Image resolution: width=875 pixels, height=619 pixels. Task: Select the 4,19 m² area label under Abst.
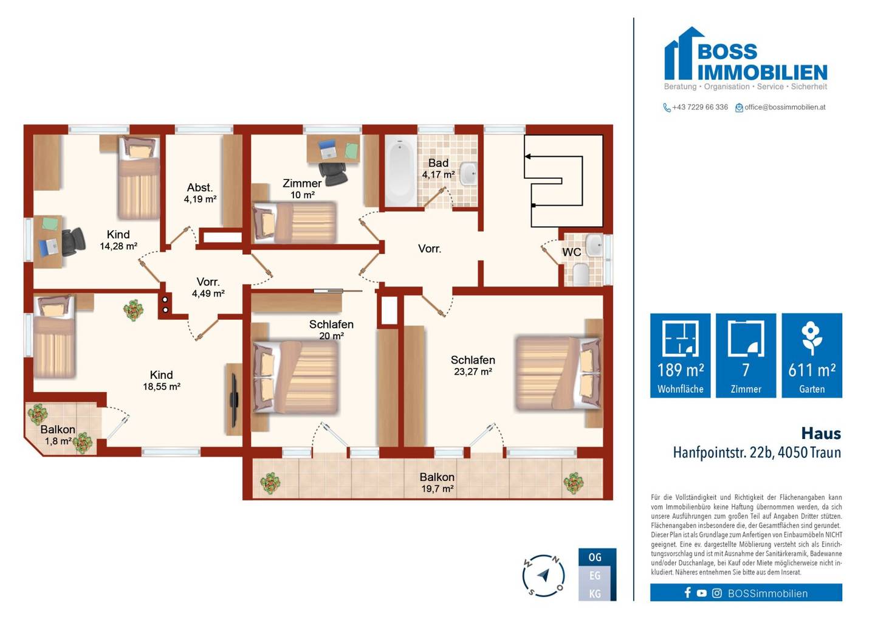200,199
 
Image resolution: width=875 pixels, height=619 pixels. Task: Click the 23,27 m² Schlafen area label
473,372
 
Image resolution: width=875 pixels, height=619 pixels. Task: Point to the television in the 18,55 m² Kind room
234,399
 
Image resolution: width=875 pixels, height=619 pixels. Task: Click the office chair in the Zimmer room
333,173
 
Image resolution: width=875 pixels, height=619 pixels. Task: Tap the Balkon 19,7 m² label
437,483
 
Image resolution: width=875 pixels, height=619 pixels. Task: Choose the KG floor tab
595,594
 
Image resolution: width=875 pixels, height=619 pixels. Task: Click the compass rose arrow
543,575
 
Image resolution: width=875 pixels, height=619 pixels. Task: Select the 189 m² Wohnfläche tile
681,356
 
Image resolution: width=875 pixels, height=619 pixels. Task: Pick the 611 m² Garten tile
812,356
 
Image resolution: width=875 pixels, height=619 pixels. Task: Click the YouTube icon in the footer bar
702,593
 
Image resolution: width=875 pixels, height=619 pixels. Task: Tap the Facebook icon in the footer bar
687,593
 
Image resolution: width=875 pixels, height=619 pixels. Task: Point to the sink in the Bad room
468,173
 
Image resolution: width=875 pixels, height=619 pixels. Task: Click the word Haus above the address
821,434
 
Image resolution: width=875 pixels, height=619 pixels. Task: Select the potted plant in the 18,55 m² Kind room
134,310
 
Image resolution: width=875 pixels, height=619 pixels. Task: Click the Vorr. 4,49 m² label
208,288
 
